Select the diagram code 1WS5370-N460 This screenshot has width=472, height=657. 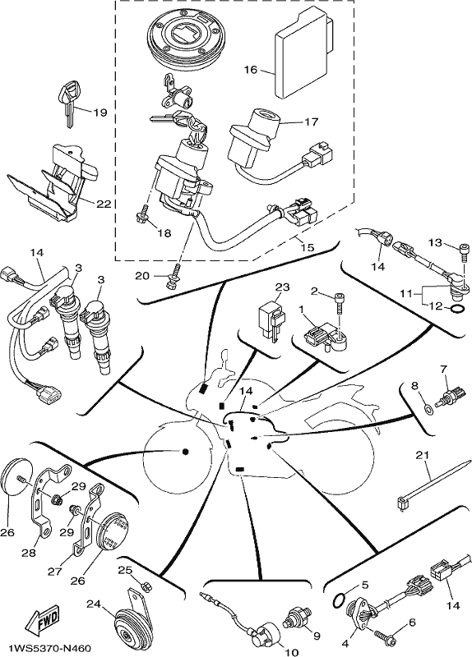pyautogui.click(x=50, y=649)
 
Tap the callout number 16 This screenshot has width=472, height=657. pyautogui.click(x=251, y=70)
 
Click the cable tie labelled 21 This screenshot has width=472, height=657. pyautogui.click(x=433, y=485)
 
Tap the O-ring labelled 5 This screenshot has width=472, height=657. pyautogui.click(x=339, y=600)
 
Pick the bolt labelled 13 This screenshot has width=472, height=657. pyautogui.click(x=464, y=252)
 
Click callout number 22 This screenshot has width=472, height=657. pyautogui.click(x=104, y=204)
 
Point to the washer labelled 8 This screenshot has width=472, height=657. pyautogui.click(x=428, y=407)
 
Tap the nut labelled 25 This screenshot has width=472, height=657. pyautogui.click(x=146, y=586)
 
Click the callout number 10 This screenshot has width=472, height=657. pyautogui.click(x=292, y=652)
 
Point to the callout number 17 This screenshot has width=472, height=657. pyautogui.click(x=312, y=122)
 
